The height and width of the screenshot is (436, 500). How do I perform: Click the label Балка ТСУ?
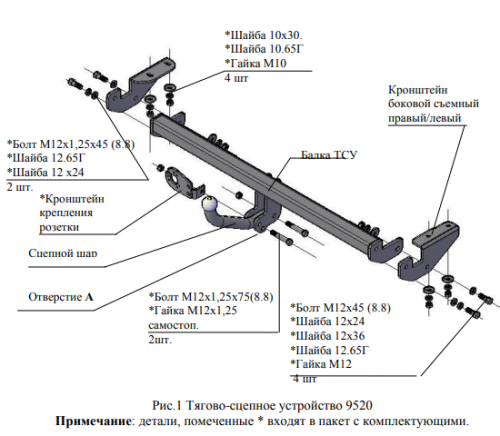(329, 155)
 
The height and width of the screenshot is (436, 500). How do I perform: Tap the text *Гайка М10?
(256, 63)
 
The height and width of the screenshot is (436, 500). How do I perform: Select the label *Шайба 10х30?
(264, 35)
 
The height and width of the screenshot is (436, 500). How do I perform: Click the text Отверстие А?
(61, 297)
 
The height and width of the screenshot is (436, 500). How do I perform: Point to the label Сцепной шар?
(63, 253)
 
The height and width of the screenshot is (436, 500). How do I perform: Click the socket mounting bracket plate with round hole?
(179, 181)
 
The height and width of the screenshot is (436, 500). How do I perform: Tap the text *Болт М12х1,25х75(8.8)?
(211, 296)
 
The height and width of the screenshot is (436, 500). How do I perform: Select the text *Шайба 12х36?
(328, 336)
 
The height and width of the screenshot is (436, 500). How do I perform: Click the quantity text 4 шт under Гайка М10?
(236, 78)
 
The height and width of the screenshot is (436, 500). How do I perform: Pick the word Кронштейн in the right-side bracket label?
(418, 90)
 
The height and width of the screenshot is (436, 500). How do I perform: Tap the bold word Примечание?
(93, 421)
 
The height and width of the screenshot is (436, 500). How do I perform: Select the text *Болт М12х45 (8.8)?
(340, 307)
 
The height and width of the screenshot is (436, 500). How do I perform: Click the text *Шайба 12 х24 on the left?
(46, 172)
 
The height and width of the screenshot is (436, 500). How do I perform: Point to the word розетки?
(59, 227)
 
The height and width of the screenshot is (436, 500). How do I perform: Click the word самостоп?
(173, 325)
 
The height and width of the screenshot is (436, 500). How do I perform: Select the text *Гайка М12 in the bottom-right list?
(321, 364)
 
